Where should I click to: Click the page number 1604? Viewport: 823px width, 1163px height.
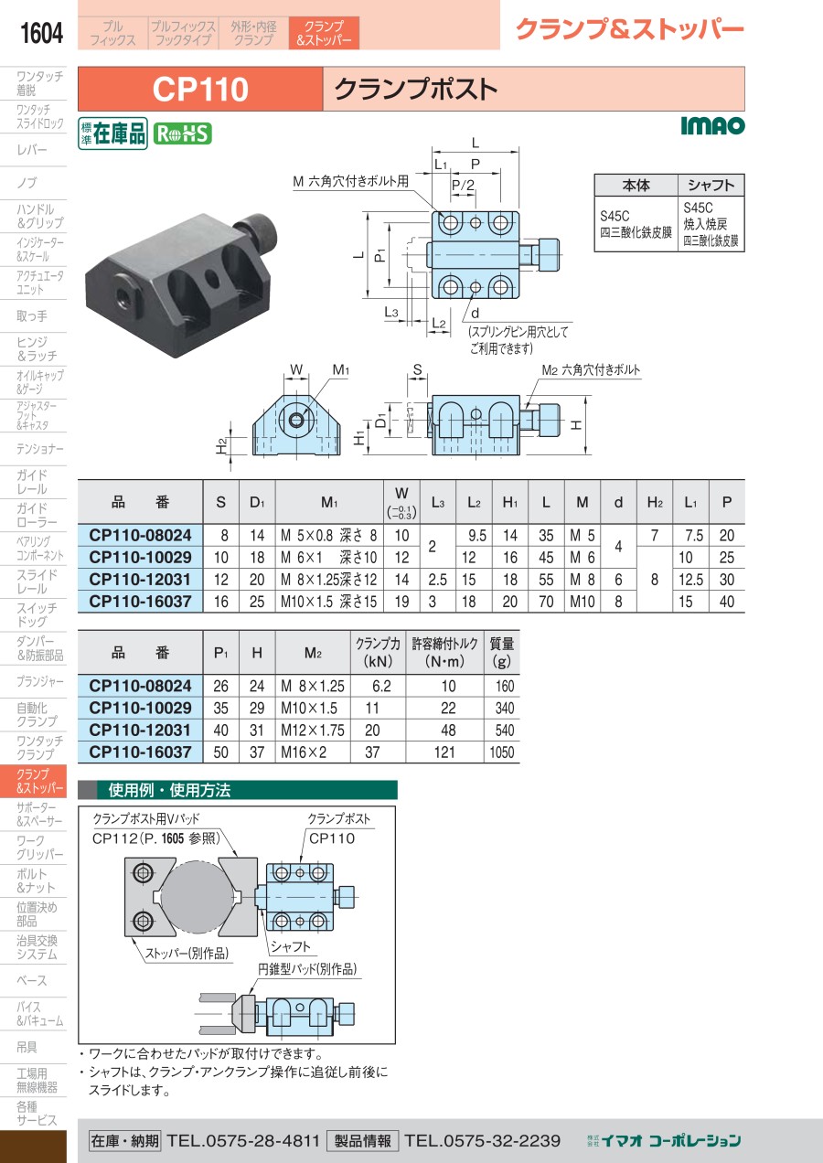tap(41, 33)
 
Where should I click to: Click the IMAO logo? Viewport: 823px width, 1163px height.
tap(712, 125)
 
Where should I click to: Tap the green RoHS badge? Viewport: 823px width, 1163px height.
tap(183, 133)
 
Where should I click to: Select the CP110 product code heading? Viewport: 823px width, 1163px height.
tap(200, 90)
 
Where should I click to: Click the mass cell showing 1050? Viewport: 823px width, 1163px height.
tap(502, 752)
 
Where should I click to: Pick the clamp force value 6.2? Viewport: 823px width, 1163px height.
tap(381, 686)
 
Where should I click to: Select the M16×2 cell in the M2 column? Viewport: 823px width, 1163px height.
tap(304, 752)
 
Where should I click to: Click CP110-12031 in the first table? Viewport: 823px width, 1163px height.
tap(140, 580)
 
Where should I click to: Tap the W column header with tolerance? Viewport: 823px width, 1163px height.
tap(401, 502)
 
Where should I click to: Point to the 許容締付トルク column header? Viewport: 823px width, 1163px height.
tap(444, 652)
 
